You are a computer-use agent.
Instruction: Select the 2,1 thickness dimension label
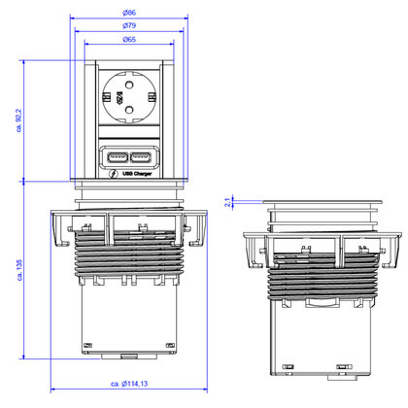226,202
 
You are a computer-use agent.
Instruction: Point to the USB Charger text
133,175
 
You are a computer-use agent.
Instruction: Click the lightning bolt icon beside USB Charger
114,175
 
